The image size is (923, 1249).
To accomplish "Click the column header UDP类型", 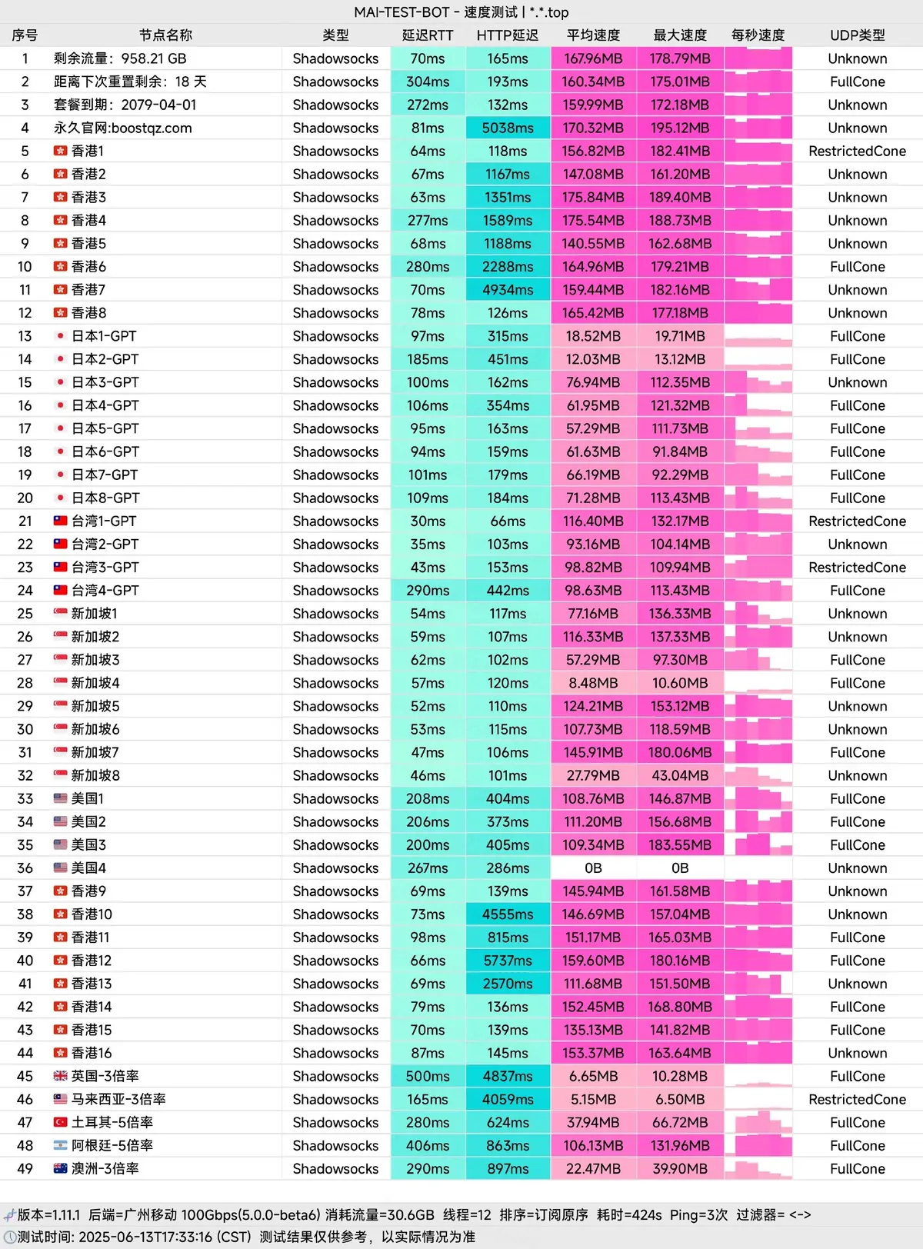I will coord(857,35).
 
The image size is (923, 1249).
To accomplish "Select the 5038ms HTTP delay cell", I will coord(508,128).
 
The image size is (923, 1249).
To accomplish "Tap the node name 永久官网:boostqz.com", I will coord(123,128).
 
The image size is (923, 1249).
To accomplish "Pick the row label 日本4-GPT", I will coord(104,405).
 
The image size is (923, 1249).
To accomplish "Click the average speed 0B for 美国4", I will coord(593,868).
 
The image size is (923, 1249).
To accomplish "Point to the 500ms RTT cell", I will coord(428,1076).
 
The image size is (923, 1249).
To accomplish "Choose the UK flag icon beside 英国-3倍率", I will coord(60,1076).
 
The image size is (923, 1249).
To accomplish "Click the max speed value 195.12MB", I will coord(680,128).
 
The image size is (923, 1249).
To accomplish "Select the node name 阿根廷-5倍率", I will coord(112,1145).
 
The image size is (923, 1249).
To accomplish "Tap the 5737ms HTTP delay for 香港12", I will coord(508,961).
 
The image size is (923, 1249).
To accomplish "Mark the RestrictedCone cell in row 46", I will coord(857,1099).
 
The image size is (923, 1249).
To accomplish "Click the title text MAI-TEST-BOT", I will coord(402,12).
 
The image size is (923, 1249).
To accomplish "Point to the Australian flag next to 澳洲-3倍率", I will coord(60,1168).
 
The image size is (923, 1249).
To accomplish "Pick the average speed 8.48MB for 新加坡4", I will coord(593,683).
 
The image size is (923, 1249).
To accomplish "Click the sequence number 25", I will coord(25,614).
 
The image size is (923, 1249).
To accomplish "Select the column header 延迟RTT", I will coord(428,35).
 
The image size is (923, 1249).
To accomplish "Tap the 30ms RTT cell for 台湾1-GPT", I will coord(428,521).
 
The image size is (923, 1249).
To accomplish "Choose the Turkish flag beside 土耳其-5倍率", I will coord(60,1122).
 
